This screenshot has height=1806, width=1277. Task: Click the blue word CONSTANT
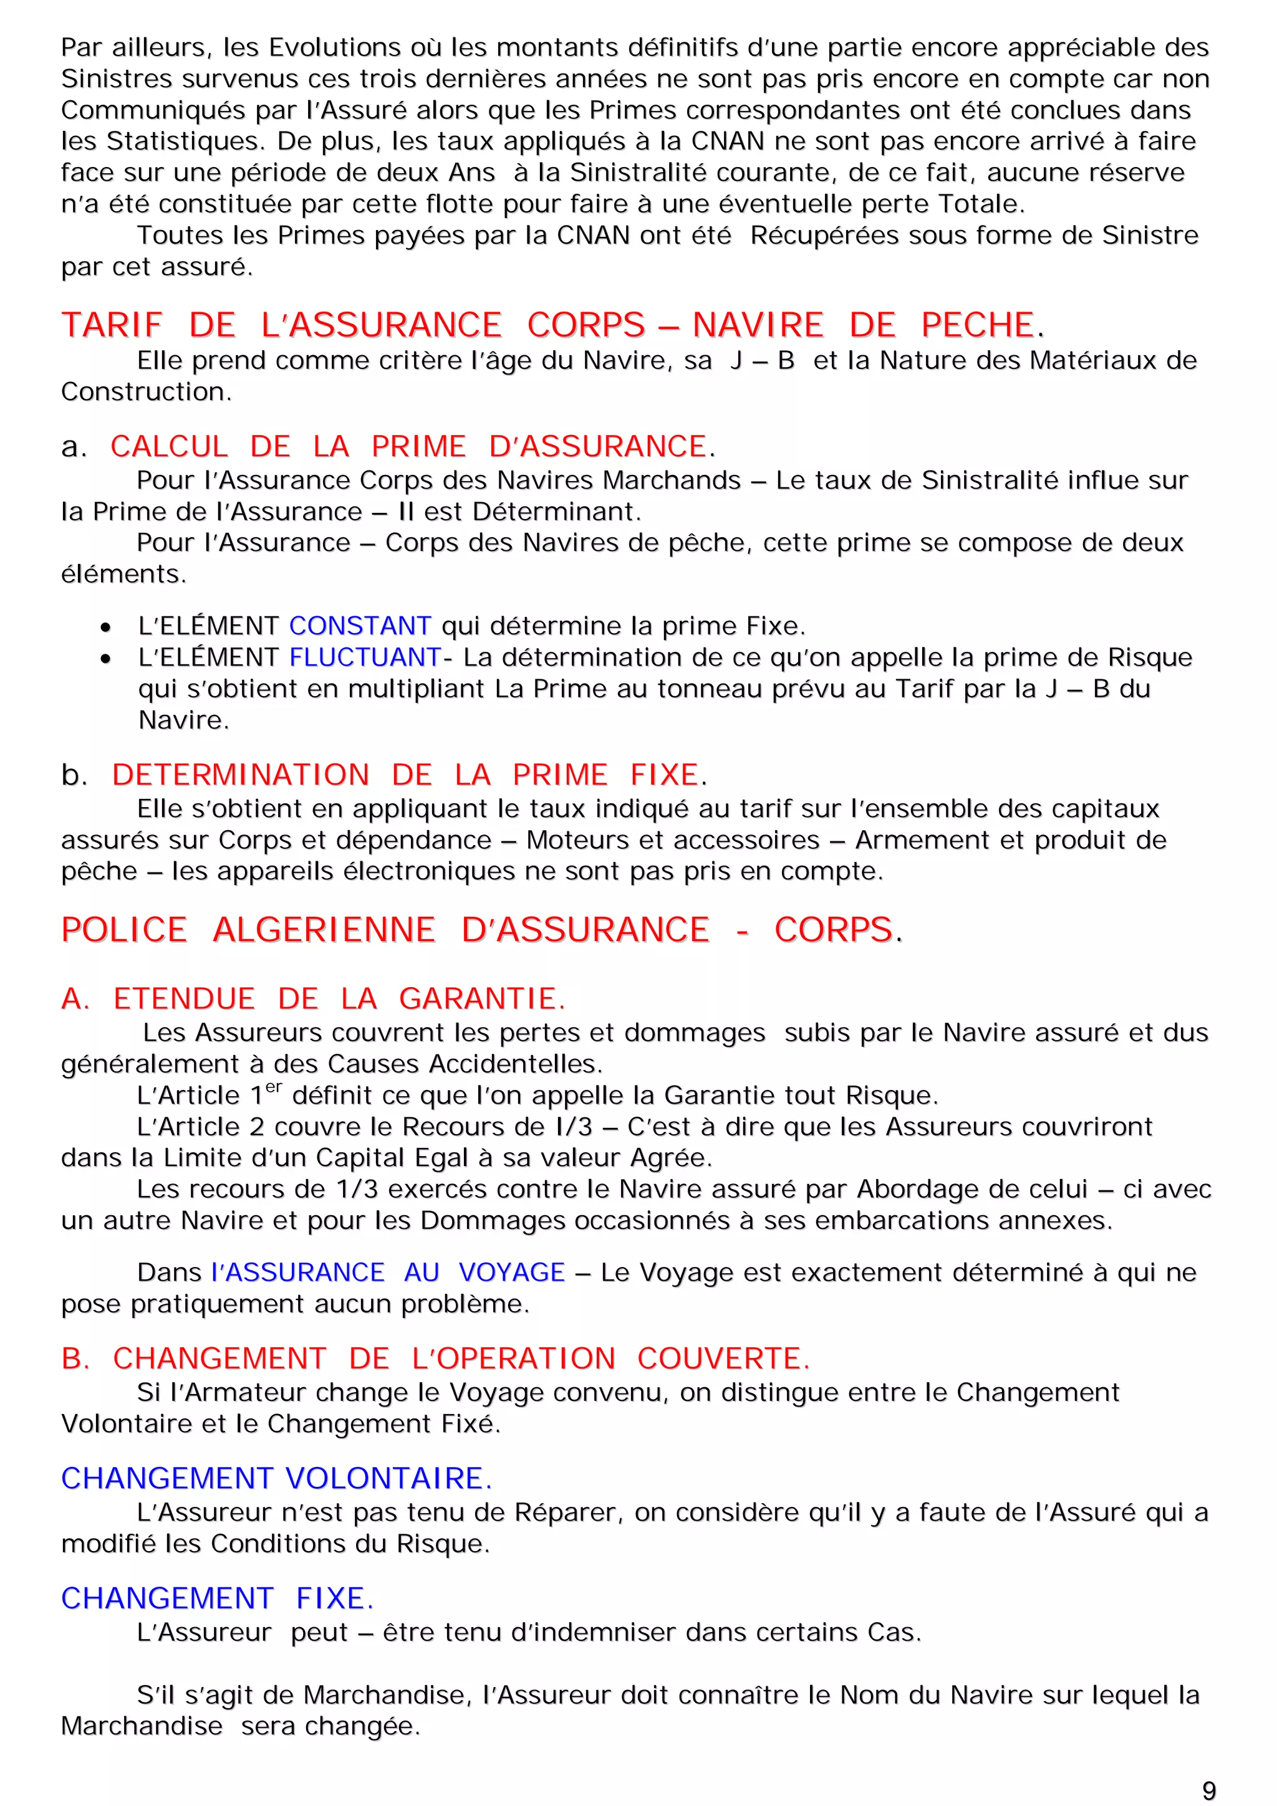360,626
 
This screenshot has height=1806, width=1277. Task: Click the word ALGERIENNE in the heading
324,930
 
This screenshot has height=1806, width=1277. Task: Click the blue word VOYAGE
511,1273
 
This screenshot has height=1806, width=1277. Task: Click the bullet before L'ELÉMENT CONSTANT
105,628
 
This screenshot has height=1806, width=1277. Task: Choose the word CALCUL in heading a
168,447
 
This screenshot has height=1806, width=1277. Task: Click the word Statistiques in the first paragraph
185,141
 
